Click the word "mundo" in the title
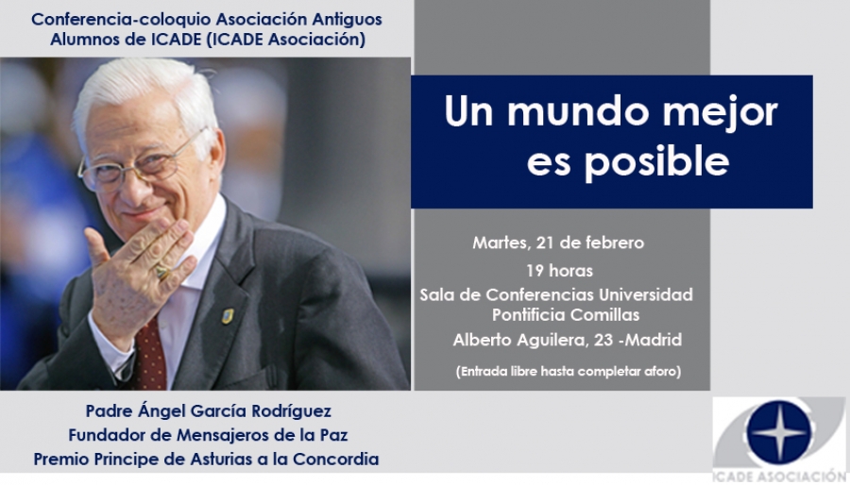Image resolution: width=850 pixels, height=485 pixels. tap(577, 111)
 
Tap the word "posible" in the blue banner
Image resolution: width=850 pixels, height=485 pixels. tap(656, 161)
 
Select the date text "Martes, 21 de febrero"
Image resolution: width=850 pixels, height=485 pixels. tap(558, 243)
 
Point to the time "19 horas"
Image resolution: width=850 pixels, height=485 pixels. tap(559, 271)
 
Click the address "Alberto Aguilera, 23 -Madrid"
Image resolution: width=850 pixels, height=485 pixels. tap(567, 340)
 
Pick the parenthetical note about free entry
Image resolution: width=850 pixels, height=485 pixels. tap(569, 372)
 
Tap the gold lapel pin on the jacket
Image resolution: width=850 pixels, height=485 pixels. tap(228, 316)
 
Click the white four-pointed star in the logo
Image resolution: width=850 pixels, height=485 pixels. tap(778, 432)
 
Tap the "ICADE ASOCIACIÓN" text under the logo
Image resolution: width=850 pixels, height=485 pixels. tap(778, 477)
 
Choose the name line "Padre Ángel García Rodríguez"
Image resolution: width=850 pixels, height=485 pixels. tap(208, 411)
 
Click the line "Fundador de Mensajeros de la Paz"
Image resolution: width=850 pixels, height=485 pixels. tap(208, 435)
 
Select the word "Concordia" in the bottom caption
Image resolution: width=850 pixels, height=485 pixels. tap(336, 459)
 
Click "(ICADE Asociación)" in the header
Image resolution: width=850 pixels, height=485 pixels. tap(285, 40)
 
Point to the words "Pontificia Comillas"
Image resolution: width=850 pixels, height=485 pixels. tap(566, 314)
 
